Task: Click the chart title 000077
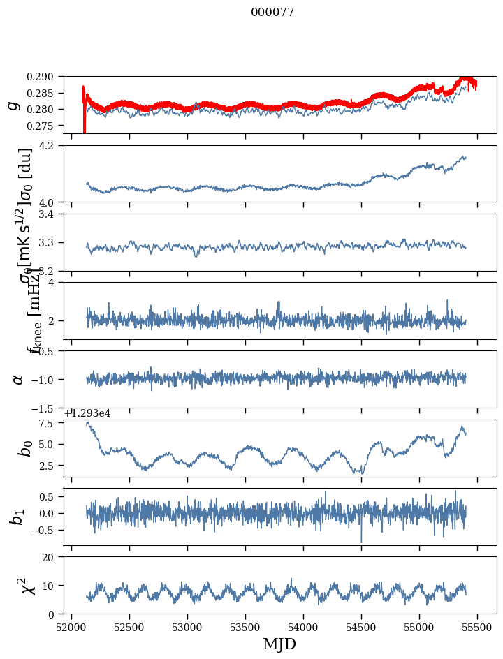point(272,13)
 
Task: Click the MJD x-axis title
point(279,644)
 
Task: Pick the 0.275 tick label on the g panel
point(47,126)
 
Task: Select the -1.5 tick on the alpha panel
point(48,408)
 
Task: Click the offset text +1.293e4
point(87,413)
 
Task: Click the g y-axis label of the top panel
point(13,105)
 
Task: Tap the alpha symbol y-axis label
point(19,379)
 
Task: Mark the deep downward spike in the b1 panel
point(361,541)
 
